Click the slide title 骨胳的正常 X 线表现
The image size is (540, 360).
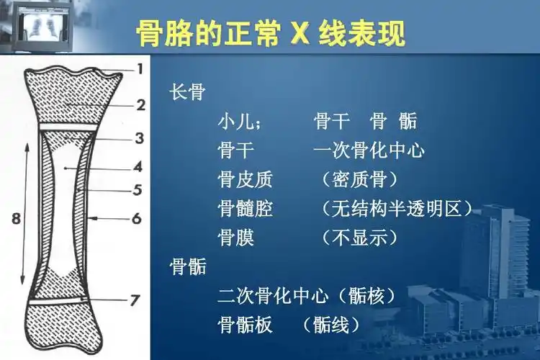[x=270, y=34]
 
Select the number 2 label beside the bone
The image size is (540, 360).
[x=140, y=105]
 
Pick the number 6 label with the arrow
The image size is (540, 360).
[x=137, y=218]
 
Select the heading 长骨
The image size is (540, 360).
[x=188, y=93]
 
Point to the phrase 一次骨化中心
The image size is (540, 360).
[x=369, y=150]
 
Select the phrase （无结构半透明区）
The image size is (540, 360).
[x=397, y=209]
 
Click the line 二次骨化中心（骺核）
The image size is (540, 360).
[x=307, y=296]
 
